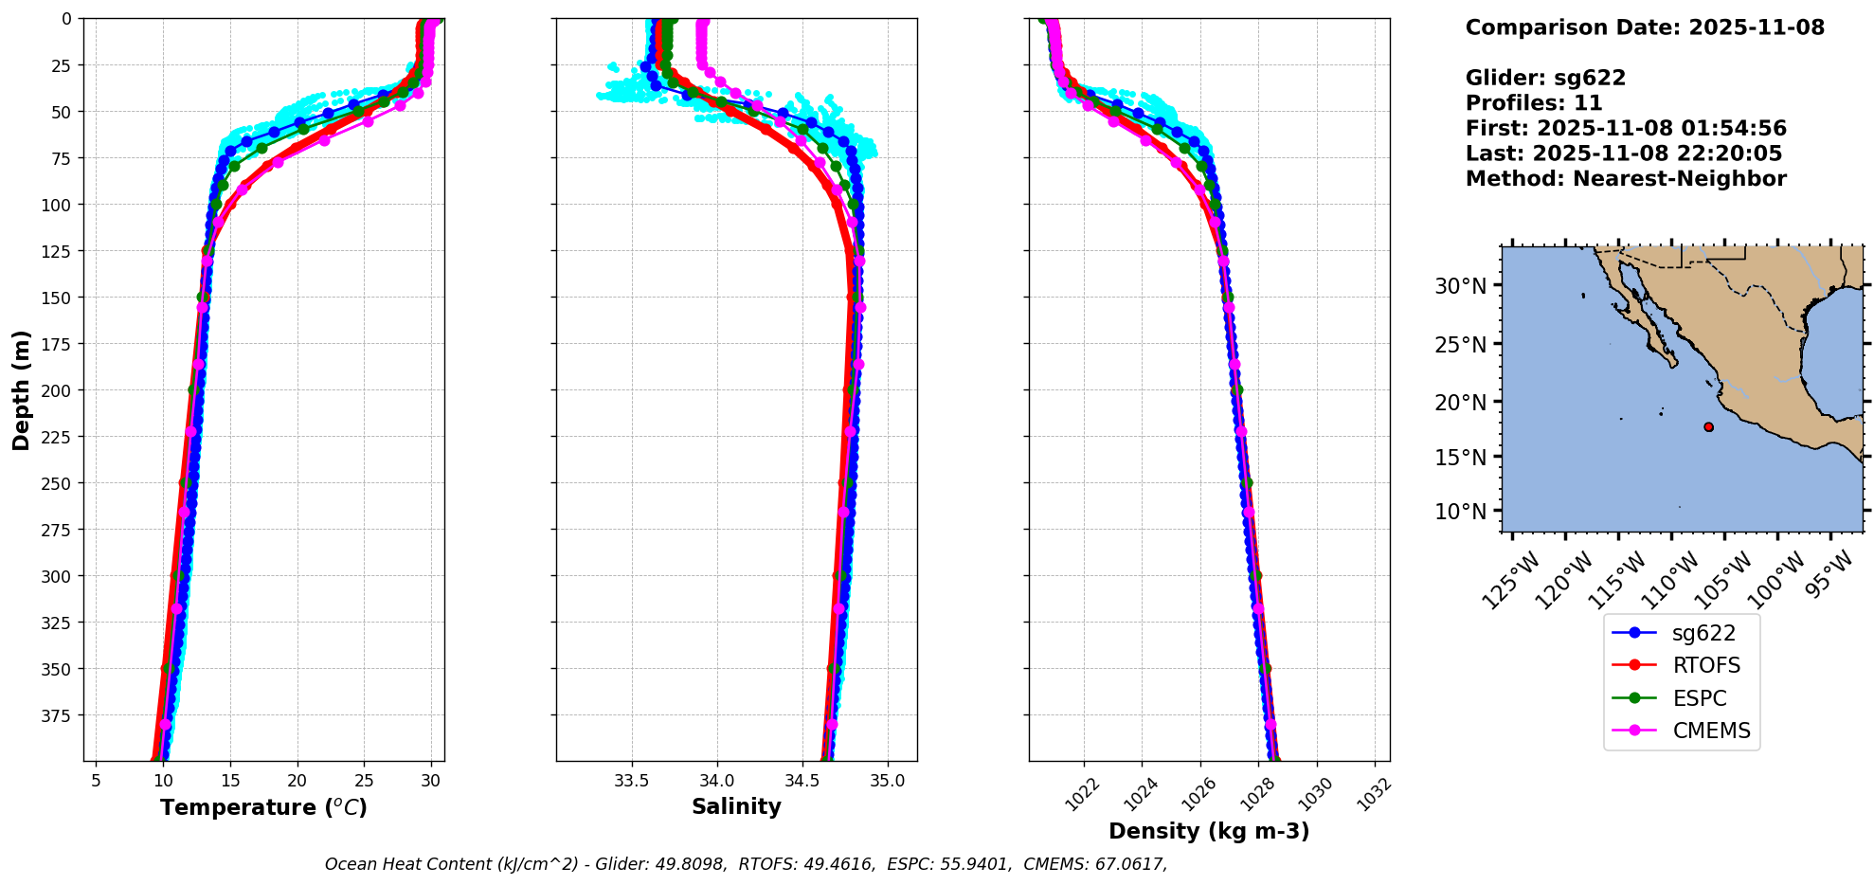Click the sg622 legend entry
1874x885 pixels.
pos(1681,633)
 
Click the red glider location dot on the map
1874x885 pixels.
pos(1708,427)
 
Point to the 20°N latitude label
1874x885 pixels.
pos(1460,402)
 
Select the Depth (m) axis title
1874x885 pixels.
pos(22,390)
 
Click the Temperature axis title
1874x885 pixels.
pos(263,807)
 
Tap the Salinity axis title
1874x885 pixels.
pos(736,806)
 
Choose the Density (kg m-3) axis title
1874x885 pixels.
pos(1209,831)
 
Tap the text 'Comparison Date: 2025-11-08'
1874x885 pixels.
pos(1645,27)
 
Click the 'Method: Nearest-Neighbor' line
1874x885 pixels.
pos(1626,179)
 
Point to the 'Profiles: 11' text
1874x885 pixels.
pos(1534,103)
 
